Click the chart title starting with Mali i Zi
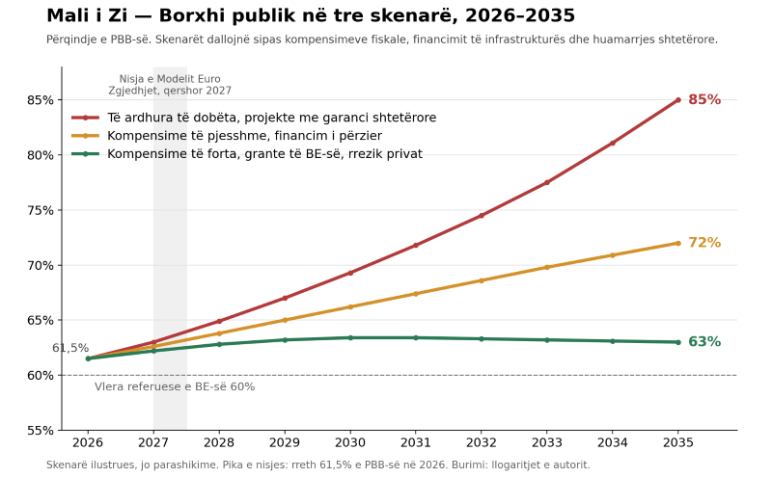(311, 15)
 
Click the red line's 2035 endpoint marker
(678, 100)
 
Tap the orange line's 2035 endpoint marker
(678, 243)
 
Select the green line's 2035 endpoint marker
(678, 342)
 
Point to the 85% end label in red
(704, 100)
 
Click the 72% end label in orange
(704, 243)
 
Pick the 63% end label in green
(704, 342)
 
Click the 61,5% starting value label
(70, 348)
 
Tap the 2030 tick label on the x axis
(350, 443)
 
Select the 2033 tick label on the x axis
(547, 443)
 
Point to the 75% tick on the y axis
(41, 210)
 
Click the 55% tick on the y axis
(41, 431)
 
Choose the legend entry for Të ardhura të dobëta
(254, 118)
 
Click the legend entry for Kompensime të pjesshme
(227, 136)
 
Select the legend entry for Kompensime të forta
(247, 154)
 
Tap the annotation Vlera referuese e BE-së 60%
(175, 387)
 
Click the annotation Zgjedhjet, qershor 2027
(170, 91)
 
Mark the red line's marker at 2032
(482, 216)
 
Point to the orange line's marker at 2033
(547, 268)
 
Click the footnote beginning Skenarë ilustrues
(318, 465)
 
